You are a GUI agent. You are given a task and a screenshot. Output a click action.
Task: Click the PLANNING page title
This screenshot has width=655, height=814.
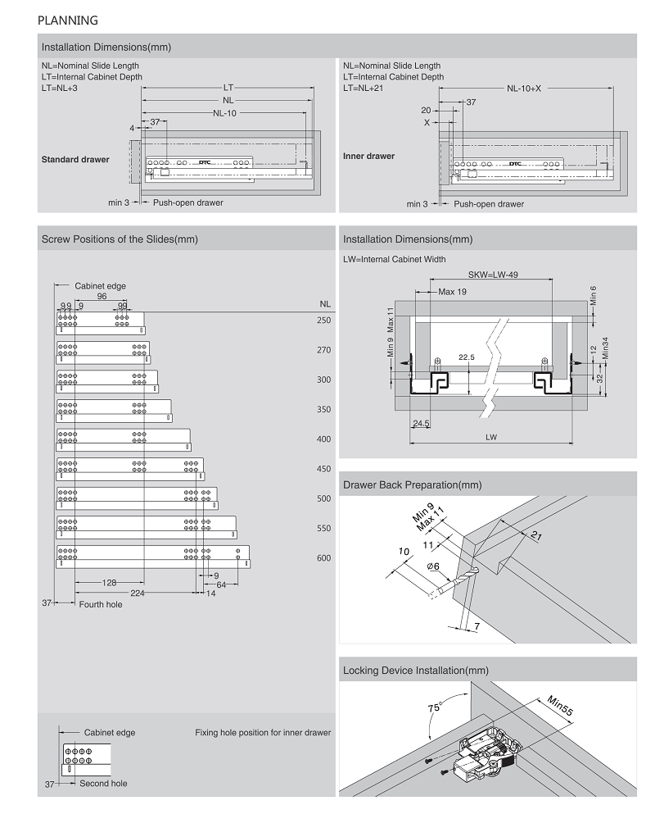coord(67,20)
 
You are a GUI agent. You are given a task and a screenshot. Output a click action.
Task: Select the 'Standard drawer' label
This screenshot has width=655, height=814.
coord(75,159)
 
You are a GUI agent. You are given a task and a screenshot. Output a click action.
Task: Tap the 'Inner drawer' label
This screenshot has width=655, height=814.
coord(368,156)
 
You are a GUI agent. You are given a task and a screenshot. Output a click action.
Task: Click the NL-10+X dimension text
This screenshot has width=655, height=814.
coord(524,88)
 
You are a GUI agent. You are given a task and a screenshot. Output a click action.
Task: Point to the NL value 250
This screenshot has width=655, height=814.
coord(323,321)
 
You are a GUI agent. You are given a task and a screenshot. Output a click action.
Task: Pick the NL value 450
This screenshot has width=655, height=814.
coord(323,469)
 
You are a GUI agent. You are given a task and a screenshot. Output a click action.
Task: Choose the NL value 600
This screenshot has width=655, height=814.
coord(323,558)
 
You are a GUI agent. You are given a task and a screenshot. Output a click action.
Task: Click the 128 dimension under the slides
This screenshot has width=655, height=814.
coord(109,583)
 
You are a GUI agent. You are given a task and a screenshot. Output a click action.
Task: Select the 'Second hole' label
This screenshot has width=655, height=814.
coord(103,784)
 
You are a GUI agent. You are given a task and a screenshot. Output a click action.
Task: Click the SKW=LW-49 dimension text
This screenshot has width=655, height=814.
coord(493,275)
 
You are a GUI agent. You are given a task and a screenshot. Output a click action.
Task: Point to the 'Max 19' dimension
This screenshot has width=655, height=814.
coord(453,292)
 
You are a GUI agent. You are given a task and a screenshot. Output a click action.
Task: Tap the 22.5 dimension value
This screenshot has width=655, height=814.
coord(468,357)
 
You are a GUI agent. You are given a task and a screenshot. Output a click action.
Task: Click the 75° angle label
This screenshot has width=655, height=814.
coord(435,707)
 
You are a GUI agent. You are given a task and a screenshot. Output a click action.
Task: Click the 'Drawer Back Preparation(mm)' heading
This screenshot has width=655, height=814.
coord(413,485)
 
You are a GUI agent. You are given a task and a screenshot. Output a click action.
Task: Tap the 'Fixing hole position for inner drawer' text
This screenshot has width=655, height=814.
coord(263,732)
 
